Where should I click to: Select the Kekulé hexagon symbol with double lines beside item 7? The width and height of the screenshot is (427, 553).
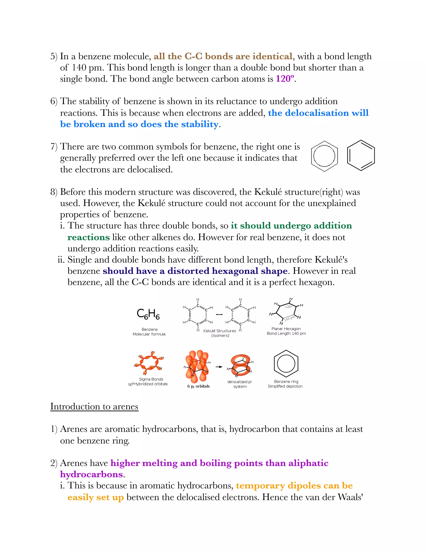point(361,155)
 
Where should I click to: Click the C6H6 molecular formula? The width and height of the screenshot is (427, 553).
point(148,314)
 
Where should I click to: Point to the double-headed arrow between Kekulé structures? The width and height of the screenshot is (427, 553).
point(219,314)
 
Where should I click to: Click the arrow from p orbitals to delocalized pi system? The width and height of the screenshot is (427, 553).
point(219,367)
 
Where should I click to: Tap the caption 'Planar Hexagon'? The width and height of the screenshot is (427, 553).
point(286,329)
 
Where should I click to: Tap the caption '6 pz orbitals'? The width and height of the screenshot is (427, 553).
point(198,386)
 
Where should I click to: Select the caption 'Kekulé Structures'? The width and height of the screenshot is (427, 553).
point(219,331)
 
